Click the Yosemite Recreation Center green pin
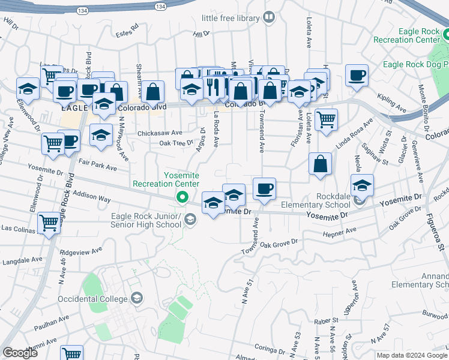coord(181,196)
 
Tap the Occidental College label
coord(92,298)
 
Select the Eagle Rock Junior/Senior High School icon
coord(190,220)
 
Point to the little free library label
coord(230,18)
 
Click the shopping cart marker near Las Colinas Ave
coord(49,223)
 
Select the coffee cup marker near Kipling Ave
coord(357,76)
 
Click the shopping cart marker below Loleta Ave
coord(326,118)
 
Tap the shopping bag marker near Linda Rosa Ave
coord(321,163)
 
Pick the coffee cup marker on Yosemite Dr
coord(264,189)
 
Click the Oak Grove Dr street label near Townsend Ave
coord(279,244)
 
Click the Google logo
coord(20,353)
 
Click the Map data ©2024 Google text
coord(411,356)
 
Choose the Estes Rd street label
coord(127,28)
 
